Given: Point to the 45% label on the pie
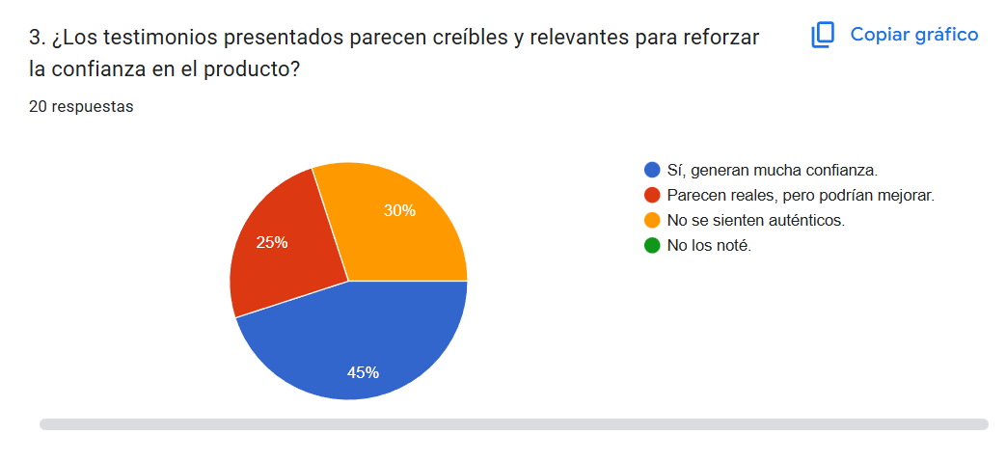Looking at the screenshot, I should point(363,372).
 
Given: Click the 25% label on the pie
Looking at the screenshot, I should point(272,242).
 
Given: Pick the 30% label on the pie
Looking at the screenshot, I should point(399,210).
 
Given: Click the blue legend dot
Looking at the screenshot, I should point(652,170).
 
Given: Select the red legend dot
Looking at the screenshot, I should point(652,195).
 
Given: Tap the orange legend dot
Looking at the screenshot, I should point(652,220).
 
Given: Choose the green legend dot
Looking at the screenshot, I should point(652,245).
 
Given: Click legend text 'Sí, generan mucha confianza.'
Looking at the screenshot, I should point(772,170).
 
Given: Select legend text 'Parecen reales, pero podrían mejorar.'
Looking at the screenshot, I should point(801,195).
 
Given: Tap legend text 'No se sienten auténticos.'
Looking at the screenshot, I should point(755,220).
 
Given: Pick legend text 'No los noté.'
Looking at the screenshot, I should point(709,245).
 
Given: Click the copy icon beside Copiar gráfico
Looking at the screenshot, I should point(823,36).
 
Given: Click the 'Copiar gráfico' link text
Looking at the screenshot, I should point(913,35).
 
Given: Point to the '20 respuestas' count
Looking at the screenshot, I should point(81,106).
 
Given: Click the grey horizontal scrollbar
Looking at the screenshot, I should point(513,423).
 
